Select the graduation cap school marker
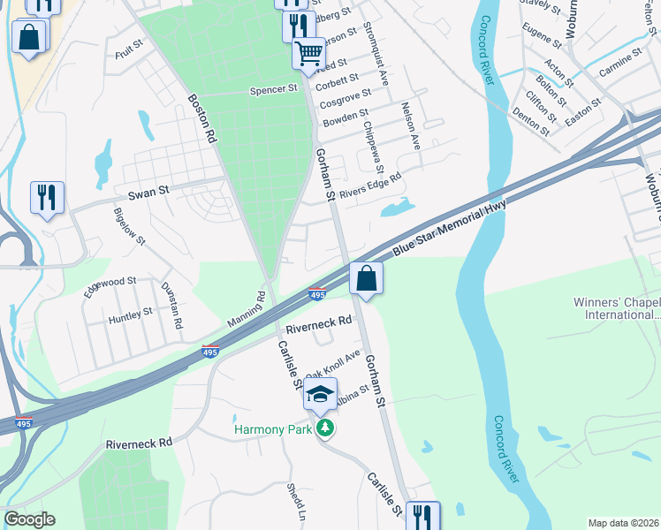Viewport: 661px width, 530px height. (x=321, y=393)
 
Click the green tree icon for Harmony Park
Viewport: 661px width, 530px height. (x=327, y=428)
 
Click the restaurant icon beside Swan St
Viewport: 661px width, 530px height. (x=47, y=197)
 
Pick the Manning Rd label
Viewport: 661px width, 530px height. (x=246, y=312)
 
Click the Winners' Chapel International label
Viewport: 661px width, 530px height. (x=616, y=308)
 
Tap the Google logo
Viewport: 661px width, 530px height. (x=29, y=519)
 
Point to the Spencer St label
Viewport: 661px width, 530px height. (x=274, y=89)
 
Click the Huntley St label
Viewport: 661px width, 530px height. (x=130, y=316)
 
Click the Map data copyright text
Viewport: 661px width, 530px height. (x=623, y=523)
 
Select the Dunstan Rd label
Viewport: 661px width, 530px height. (x=171, y=305)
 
